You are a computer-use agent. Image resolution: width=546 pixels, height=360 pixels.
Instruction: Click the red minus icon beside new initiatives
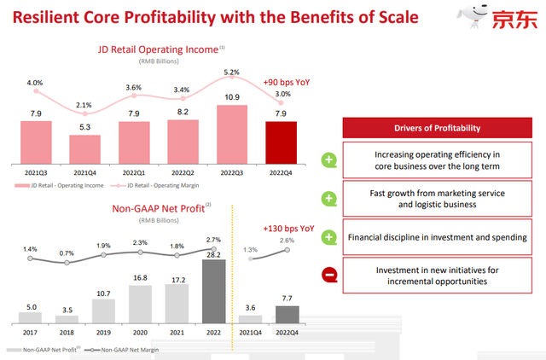point(329,274)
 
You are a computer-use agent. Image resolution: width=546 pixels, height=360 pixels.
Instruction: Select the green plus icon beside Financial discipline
point(329,235)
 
